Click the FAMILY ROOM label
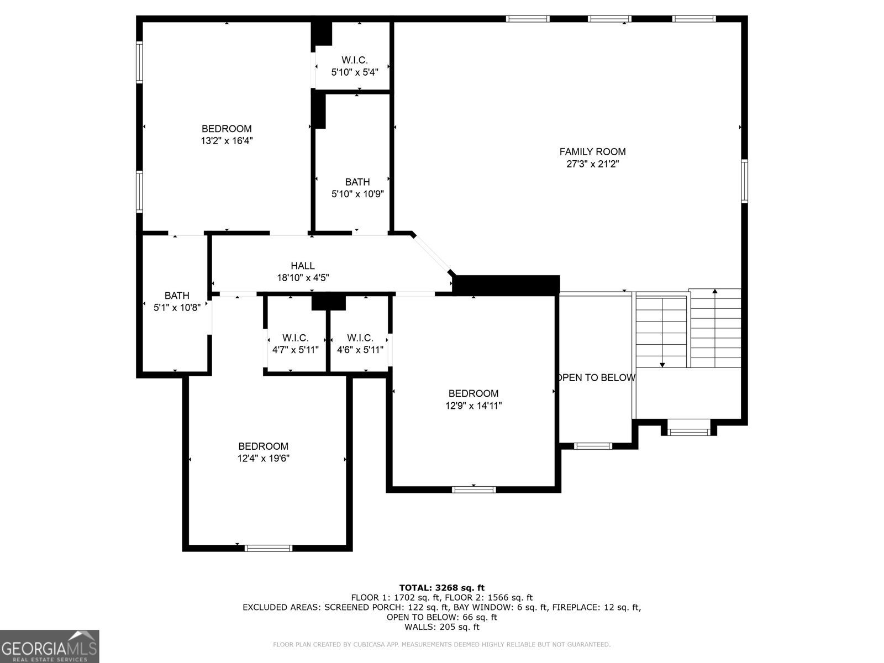[x=592, y=151]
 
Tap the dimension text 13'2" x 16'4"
[x=227, y=141]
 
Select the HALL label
[x=303, y=266]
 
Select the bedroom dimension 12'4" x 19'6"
[x=264, y=459]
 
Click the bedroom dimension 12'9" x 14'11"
[x=473, y=406]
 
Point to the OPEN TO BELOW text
[x=596, y=378]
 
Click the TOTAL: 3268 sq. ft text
[x=441, y=588]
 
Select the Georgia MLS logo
[x=49, y=646]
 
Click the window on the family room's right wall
[x=744, y=181]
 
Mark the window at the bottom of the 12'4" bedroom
[x=269, y=548]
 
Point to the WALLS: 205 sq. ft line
[x=441, y=627]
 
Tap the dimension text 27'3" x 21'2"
[x=592, y=164]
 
